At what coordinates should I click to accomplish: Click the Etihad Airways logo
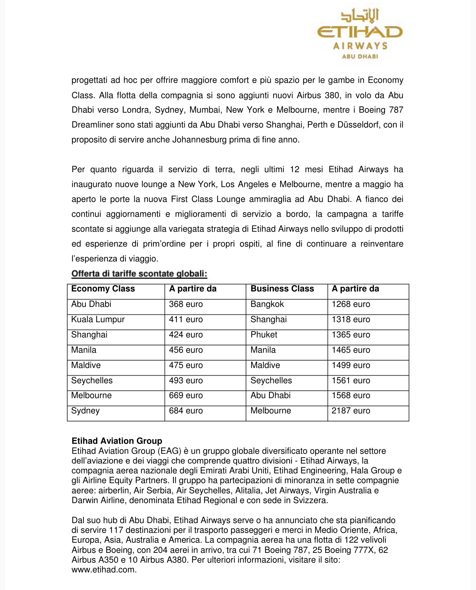[360, 34]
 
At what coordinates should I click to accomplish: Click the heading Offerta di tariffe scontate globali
[139, 274]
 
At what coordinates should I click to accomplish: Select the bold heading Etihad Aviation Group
[117, 441]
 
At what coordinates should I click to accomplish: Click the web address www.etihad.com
[104, 570]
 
